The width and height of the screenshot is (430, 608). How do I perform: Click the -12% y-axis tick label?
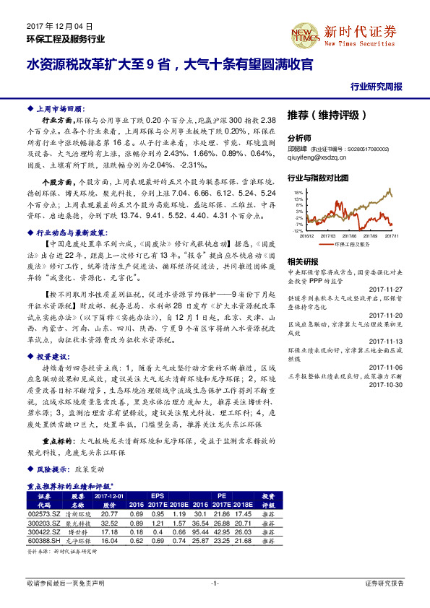[x=298, y=230]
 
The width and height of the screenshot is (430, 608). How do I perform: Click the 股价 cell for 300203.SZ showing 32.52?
[x=110, y=522]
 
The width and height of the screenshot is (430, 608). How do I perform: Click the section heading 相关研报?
[x=302, y=261]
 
